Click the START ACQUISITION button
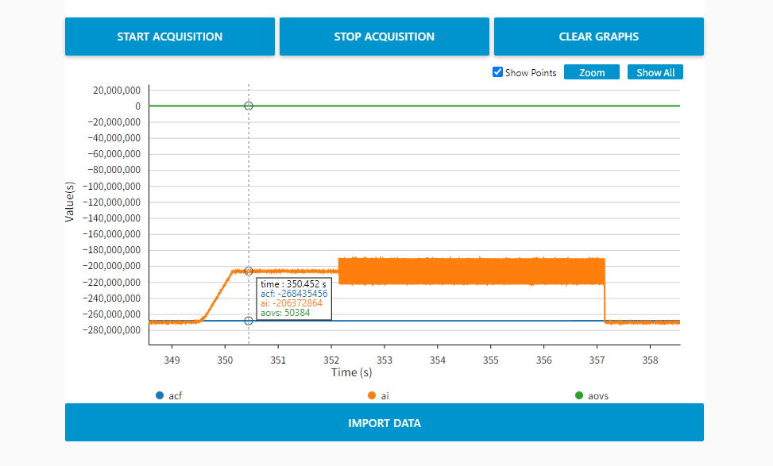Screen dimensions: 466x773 169,37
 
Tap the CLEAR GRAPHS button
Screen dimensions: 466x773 598,37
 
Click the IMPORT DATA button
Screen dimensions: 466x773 384,422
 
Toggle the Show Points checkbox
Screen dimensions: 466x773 498,72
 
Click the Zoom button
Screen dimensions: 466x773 592,72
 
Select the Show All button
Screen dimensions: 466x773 655,72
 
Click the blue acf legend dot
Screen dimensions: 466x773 160,395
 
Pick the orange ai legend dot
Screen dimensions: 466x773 371,395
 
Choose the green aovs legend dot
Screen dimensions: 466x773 578,395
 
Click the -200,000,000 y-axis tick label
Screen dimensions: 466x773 112,266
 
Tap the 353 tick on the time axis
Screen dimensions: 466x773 385,360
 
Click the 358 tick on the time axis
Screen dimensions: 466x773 650,360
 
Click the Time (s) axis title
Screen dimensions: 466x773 351,372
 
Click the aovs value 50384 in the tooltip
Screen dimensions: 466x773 297,313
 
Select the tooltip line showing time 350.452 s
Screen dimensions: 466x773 293,284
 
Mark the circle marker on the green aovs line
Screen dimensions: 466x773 249,106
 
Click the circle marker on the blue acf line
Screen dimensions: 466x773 249,321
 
